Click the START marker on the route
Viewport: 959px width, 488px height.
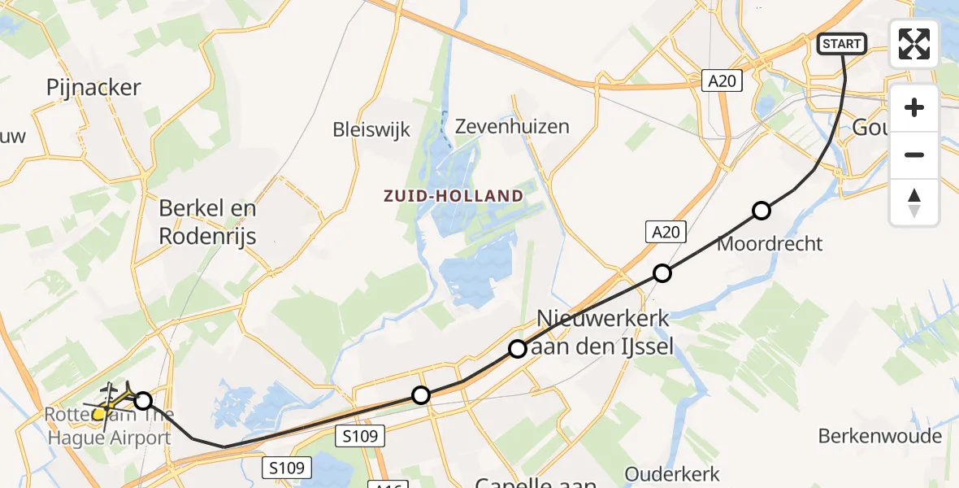841,44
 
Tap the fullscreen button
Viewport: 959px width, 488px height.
914,44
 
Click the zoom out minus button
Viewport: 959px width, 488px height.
914,155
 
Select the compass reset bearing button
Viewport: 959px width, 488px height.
914,203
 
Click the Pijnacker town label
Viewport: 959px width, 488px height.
93,88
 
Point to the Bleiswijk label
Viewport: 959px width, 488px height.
371,129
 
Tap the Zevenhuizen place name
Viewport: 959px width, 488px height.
512,127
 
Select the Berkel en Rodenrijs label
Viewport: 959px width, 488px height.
207,222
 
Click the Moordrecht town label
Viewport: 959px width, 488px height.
770,243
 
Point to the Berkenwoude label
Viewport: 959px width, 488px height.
880,436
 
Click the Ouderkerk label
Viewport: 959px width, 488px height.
671,473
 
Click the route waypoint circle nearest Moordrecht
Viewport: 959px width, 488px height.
761,211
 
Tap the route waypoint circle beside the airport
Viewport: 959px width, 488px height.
143,400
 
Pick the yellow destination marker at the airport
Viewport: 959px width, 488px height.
99,414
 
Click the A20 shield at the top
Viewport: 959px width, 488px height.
722,80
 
